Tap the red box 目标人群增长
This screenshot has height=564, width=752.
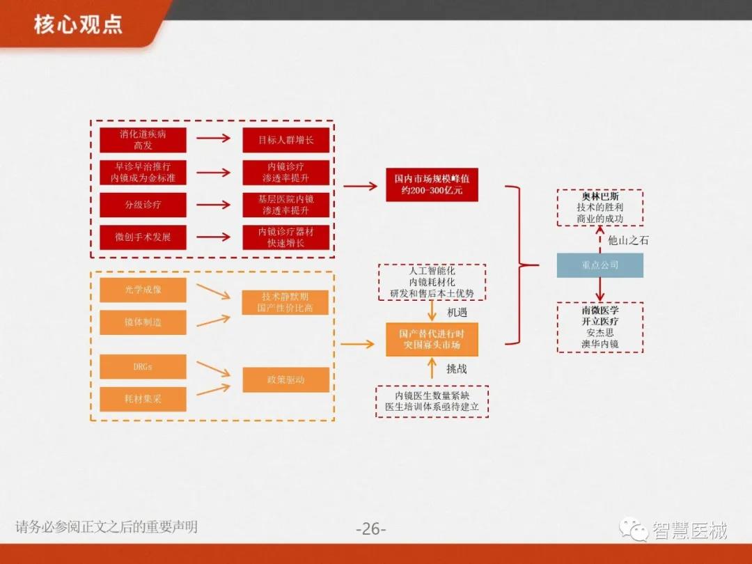click(x=285, y=140)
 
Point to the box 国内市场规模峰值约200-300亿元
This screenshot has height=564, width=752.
click(x=432, y=185)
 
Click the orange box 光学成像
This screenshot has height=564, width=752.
click(x=143, y=290)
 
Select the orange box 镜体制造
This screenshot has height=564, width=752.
click(x=143, y=322)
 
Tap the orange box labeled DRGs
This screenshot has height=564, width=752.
click(x=143, y=366)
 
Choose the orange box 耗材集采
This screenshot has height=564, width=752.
click(x=143, y=399)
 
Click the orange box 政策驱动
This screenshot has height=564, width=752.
click(x=285, y=380)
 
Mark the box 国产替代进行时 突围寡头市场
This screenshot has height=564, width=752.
click(x=432, y=339)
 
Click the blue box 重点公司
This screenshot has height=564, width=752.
click(x=600, y=265)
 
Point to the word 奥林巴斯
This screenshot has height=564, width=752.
click(x=600, y=196)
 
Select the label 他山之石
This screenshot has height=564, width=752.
click(x=628, y=240)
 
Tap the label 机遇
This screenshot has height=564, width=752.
click(x=457, y=312)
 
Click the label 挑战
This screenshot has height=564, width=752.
click(x=457, y=368)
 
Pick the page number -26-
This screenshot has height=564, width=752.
click(x=370, y=528)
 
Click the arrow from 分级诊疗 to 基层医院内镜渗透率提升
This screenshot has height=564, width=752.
click(x=213, y=205)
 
